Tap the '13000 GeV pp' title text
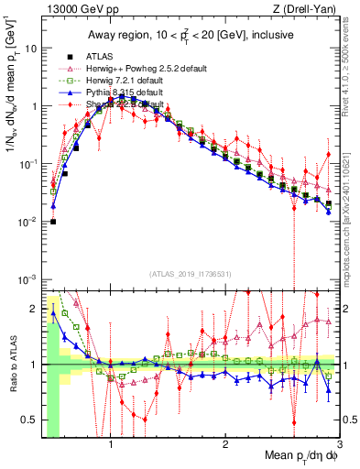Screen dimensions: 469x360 (65, 9)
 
